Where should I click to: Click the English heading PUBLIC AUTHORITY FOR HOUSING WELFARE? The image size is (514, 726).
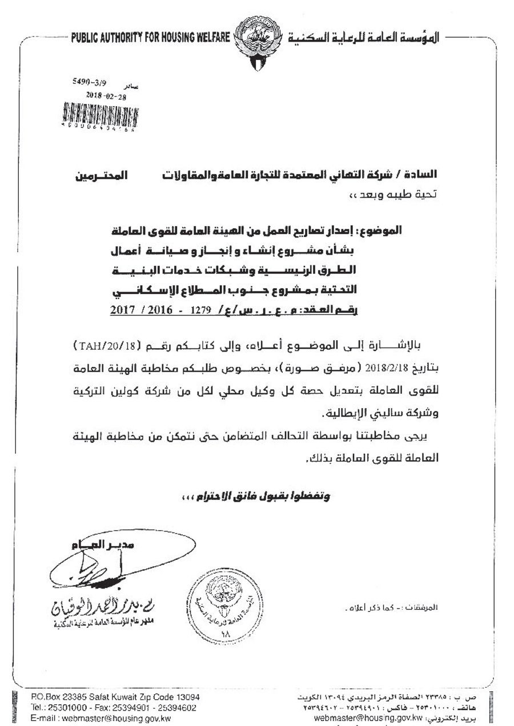coord(150,39)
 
